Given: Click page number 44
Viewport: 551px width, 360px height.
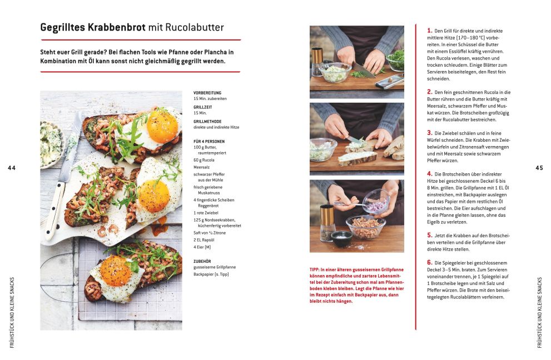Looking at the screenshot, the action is [12, 168].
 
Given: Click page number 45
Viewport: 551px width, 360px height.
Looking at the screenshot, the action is [539, 168].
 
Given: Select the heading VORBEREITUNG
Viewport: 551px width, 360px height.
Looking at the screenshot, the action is [207, 93].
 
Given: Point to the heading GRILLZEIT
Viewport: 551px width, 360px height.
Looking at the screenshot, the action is [203, 107].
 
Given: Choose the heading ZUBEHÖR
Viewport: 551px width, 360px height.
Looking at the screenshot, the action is [202, 261].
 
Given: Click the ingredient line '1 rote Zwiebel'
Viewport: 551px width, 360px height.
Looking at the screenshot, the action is [206, 213].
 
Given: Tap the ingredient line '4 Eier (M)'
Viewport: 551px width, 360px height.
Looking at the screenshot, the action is [202, 247].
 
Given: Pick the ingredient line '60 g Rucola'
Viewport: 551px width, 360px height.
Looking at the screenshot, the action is [204, 160].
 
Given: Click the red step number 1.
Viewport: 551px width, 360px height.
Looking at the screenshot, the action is [429, 31].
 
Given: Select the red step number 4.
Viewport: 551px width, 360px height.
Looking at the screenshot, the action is [429, 174].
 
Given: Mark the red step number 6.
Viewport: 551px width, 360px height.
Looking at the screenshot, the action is [429, 262].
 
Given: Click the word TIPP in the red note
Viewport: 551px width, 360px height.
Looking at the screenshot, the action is [315, 270].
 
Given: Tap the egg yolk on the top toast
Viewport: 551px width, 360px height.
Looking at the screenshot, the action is [162, 127].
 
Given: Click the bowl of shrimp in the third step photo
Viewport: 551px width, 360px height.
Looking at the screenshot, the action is [365, 227].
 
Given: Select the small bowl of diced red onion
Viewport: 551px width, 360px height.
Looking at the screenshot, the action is [376, 202].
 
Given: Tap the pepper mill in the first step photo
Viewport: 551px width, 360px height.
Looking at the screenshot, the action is [317, 62].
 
